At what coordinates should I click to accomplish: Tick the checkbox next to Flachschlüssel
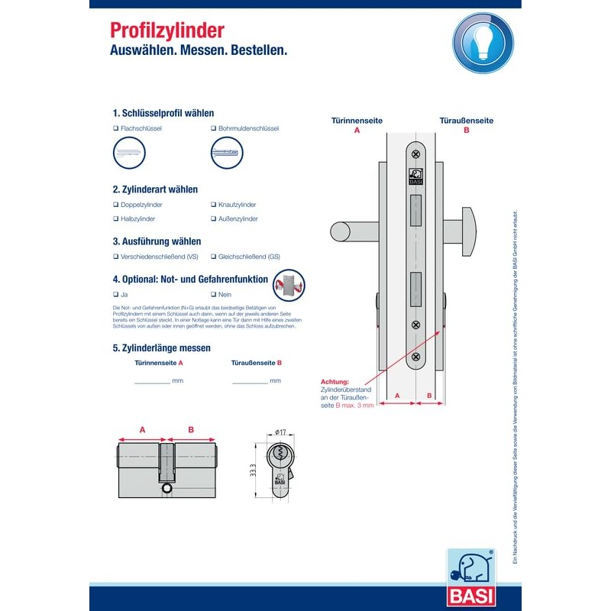[115, 128]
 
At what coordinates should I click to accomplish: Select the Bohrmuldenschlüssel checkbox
[212, 128]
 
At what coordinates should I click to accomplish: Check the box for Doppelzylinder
[115, 205]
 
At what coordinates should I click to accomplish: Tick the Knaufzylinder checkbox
[212, 205]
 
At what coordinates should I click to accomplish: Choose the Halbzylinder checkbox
[115, 219]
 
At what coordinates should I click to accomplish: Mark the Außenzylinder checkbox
[212, 219]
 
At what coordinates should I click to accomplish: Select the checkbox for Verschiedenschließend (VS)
[115, 257]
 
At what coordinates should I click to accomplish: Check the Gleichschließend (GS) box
[212, 257]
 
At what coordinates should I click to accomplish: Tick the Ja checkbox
[115, 294]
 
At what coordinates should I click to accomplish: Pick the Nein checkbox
[212, 294]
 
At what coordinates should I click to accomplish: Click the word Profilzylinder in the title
[167, 31]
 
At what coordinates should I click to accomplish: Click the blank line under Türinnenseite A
[152, 381]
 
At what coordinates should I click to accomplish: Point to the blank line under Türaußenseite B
[249, 381]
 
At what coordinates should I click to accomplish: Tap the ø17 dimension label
[280, 433]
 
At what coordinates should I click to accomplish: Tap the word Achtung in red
[335, 381]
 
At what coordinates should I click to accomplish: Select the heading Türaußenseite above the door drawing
[466, 121]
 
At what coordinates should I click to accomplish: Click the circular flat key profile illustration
[129, 154]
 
